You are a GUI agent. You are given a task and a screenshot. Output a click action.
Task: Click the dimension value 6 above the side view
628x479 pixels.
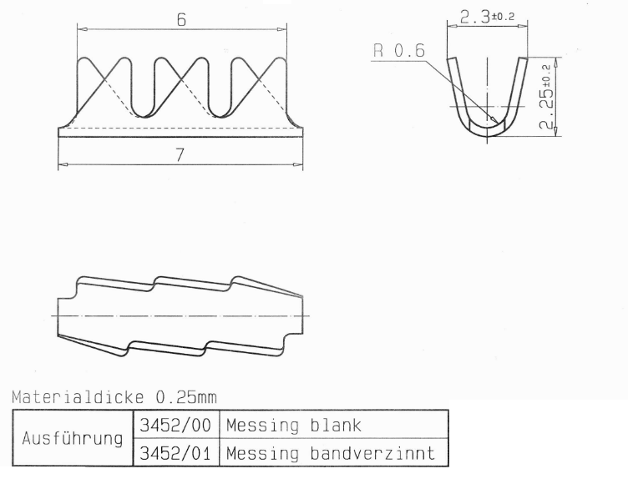(x=181, y=19)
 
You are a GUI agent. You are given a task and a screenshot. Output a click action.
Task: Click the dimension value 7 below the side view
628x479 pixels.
(x=180, y=155)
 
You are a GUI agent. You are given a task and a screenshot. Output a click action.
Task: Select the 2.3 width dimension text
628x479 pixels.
(x=474, y=18)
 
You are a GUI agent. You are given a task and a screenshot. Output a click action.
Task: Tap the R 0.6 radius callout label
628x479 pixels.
(x=399, y=51)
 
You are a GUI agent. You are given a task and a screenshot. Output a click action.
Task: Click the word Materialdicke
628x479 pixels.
(x=78, y=397)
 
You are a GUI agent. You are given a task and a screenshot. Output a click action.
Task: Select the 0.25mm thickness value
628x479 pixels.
(x=186, y=397)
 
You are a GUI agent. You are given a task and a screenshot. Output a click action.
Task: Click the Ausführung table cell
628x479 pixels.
(x=73, y=438)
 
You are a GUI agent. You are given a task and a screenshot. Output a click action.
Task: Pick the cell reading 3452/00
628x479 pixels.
(x=175, y=425)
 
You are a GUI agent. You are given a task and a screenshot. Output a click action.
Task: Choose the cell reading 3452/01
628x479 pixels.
(x=175, y=453)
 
